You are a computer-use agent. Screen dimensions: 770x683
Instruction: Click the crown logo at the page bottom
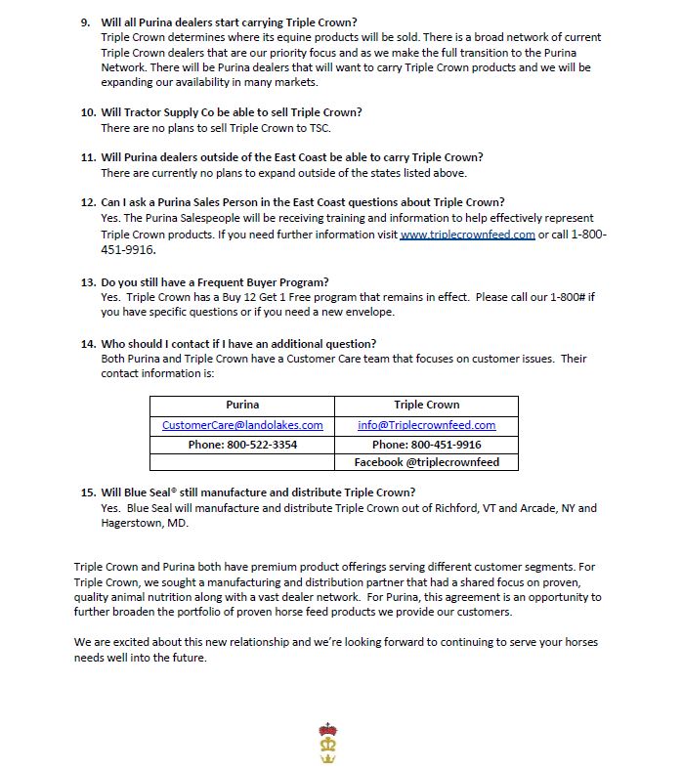click(x=328, y=746)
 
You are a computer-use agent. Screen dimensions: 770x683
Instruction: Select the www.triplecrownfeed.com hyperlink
click(x=467, y=235)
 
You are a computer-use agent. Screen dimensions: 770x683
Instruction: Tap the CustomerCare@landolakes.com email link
click(x=242, y=425)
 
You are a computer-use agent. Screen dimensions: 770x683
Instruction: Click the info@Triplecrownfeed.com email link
click(x=426, y=425)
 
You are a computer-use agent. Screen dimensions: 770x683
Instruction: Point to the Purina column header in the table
click(x=242, y=405)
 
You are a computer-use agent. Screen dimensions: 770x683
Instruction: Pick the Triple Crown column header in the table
click(x=426, y=405)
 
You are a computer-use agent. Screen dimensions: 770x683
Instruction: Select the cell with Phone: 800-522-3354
click(x=242, y=445)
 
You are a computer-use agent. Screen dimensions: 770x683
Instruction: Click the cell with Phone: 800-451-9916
click(x=426, y=445)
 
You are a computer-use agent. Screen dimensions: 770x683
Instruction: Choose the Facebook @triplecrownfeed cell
click(x=426, y=462)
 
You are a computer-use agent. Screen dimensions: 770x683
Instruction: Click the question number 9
click(x=86, y=21)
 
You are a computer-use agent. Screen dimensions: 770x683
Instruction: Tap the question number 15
click(x=88, y=492)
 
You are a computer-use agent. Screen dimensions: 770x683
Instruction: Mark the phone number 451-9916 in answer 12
click(x=128, y=250)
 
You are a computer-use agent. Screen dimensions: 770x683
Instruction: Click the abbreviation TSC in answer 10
click(x=349, y=127)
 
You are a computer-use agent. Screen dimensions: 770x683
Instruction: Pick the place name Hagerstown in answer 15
click(x=134, y=523)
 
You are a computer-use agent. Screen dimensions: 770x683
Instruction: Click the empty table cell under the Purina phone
click(x=242, y=462)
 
